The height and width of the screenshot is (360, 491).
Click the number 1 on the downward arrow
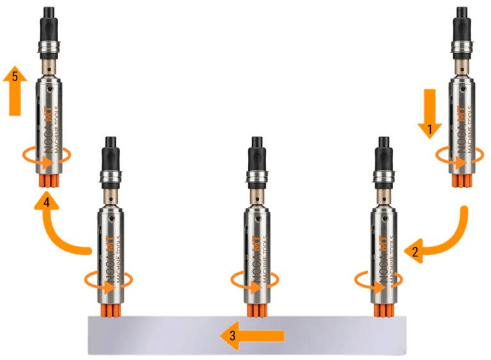(x=430, y=129)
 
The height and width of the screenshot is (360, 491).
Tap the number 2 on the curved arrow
(x=415, y=252)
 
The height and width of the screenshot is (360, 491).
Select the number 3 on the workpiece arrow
(x=232, y=336)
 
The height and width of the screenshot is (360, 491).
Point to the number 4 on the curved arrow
(x=46, y=203)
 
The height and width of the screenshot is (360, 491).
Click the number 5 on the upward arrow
(x=15, y=77)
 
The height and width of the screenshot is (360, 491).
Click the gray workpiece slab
(x=247, y=336)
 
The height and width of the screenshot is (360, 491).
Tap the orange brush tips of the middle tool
(x=257, y=310)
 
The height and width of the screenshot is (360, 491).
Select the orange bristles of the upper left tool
(x=49, y=181)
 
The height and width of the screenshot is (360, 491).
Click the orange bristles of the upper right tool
(x=462, y=181)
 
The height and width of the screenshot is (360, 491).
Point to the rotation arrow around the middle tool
(x=254, y=281)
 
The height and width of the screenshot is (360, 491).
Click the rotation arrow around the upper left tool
(x=47, y=156)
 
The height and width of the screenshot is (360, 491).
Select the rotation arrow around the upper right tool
(x=460, y=156)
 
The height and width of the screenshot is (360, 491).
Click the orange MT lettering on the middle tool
(x=257, y=244)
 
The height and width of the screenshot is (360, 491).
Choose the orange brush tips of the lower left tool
(x=111, y=310)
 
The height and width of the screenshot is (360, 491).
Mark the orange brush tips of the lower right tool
(x=384, y=310)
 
